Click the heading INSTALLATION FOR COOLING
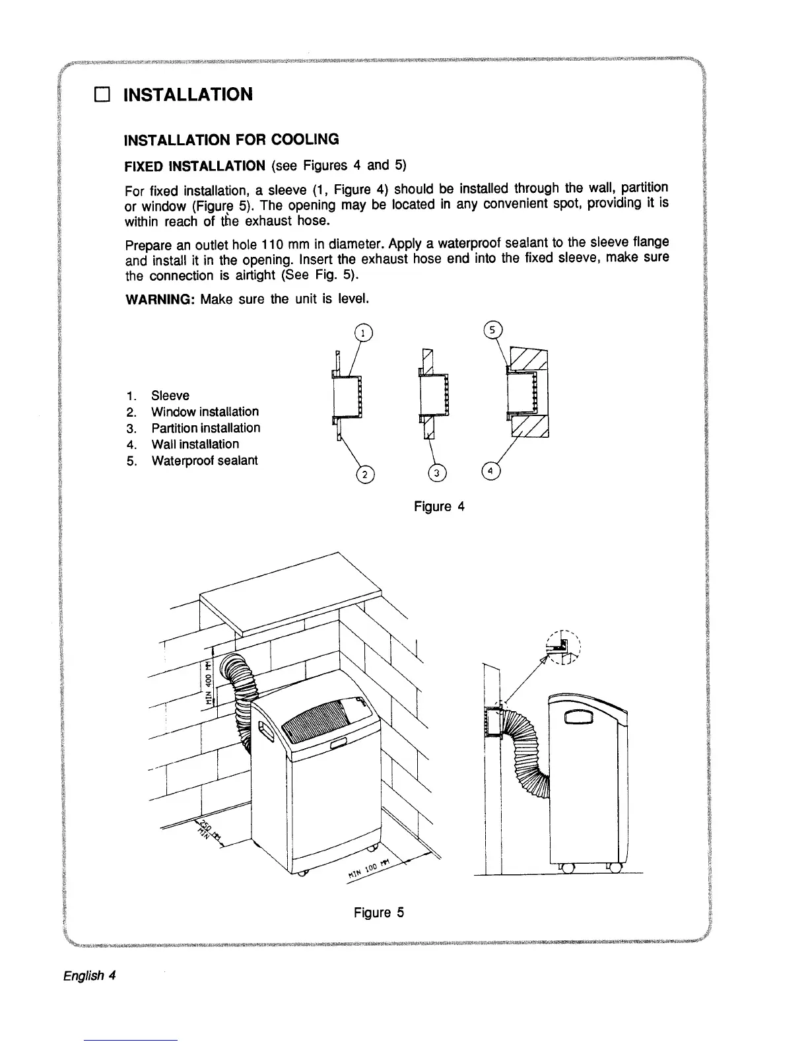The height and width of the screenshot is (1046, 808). [x=232, y=139]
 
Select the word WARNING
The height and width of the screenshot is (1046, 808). [x=160, y=299]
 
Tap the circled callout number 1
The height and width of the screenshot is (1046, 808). [x=362, y=333]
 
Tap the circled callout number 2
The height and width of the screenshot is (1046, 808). [x=365, y=473]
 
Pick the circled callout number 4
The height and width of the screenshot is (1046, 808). [x=491, y=471]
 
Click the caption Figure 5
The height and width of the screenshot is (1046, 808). [x=378, y=913]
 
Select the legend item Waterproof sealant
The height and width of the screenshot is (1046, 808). [x=205, y=460]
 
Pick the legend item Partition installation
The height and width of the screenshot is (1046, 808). [x=205, y=428]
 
